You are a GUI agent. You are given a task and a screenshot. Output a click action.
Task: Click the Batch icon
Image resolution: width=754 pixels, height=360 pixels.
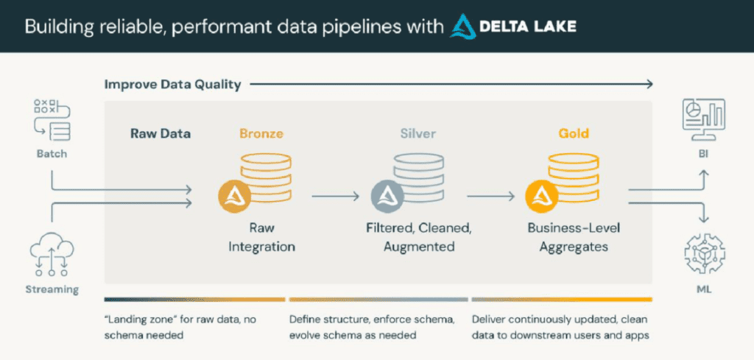click(x=51, y=119)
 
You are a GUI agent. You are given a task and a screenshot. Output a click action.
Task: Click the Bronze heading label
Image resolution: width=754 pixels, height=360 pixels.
click(x=261, y=134)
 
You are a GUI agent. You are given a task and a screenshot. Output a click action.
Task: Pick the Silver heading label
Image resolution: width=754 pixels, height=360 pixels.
click(x=417, y=134)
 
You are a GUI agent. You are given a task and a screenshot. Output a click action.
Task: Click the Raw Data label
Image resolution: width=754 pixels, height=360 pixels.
click(x=161, y=134)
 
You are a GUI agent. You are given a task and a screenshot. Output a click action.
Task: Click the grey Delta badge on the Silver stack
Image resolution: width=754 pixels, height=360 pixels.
click(x=387, y=195)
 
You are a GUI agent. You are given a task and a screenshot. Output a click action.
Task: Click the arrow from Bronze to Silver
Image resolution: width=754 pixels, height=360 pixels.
click(x=335, y=197)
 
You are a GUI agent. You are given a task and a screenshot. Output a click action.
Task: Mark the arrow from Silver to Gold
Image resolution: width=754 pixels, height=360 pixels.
click(x=490, y=197)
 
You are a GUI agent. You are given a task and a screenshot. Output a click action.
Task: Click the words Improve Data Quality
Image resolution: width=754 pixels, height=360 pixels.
click(x=172, y=84)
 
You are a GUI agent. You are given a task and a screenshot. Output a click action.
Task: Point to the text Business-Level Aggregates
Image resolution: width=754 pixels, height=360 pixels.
click(x=574, y=237)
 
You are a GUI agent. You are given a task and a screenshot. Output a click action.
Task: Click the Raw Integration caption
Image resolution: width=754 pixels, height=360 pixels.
click(x=261, y=237)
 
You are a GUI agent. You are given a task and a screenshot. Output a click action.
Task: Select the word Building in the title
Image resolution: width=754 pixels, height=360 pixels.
click(x=56, y=27)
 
